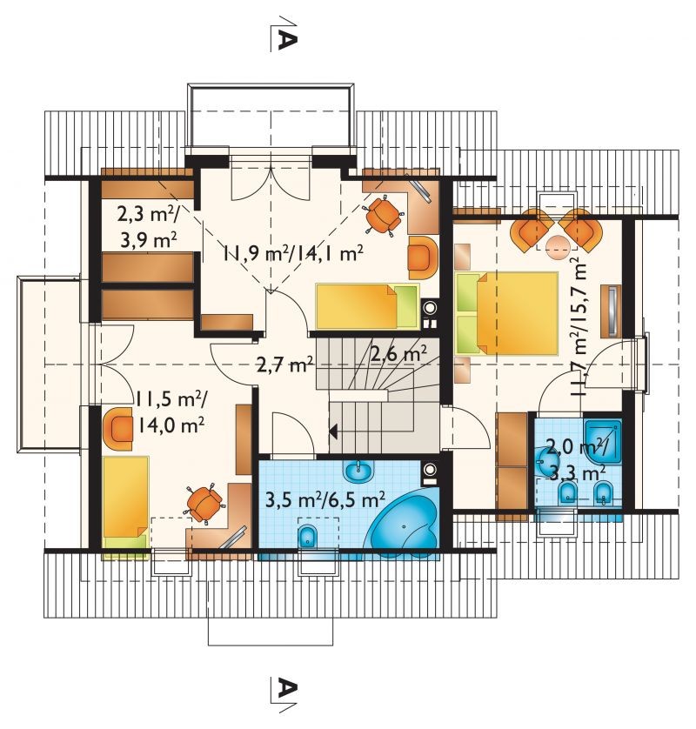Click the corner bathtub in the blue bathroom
(x=405, y=522)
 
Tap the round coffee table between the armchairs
(x=556, y=247)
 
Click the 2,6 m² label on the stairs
(x=399, y=355)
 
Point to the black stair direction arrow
(x=333, y=431)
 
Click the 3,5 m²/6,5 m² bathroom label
(x=325, y=500)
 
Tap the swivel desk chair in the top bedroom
(x=385, y=215)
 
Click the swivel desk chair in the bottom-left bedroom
(x=204, y=504)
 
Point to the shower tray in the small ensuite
(x=603, y=441)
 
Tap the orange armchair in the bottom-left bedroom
(x=121, y=429)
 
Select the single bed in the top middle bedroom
(x=367, y=305)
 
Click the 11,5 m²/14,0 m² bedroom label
(x=171, y=411)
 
